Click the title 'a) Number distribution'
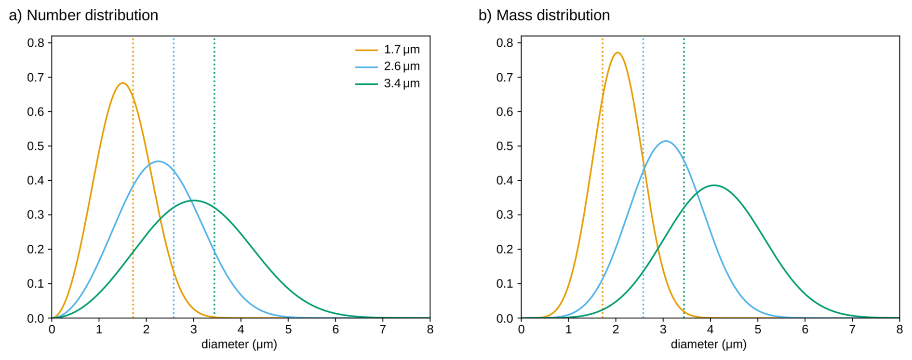pos(83,15)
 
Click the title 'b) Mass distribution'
pos(544,15)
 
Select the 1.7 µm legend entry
pos(387,50)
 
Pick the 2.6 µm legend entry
pos(387,67)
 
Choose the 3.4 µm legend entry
pos(387,83)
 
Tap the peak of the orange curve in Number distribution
pos(122,83)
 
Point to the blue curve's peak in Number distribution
pos(158,161)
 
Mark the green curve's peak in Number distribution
pos(193,200)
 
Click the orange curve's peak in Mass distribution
pos(617,53)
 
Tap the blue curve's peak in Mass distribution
pos(666,141)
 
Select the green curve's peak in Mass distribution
pos(714,185)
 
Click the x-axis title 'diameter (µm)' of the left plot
pos(239,345)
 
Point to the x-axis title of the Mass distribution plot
pos(709,345)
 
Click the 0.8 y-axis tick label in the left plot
pos(36,43)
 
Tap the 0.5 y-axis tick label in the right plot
pos(505,146)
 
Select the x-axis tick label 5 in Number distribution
pos(288,330)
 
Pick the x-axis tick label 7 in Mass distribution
pos(852,330)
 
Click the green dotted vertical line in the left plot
pos(215,177)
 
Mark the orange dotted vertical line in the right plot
pos(603,177)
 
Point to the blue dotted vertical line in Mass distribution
pos(643,177)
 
